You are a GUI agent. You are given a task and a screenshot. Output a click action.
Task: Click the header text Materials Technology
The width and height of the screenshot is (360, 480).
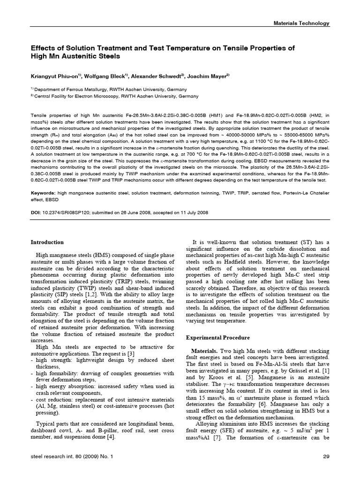pyautogui.click(x=301, y=23)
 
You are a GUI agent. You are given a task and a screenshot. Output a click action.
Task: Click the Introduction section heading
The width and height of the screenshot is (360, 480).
pyautogui.click(x=47, y=242)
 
